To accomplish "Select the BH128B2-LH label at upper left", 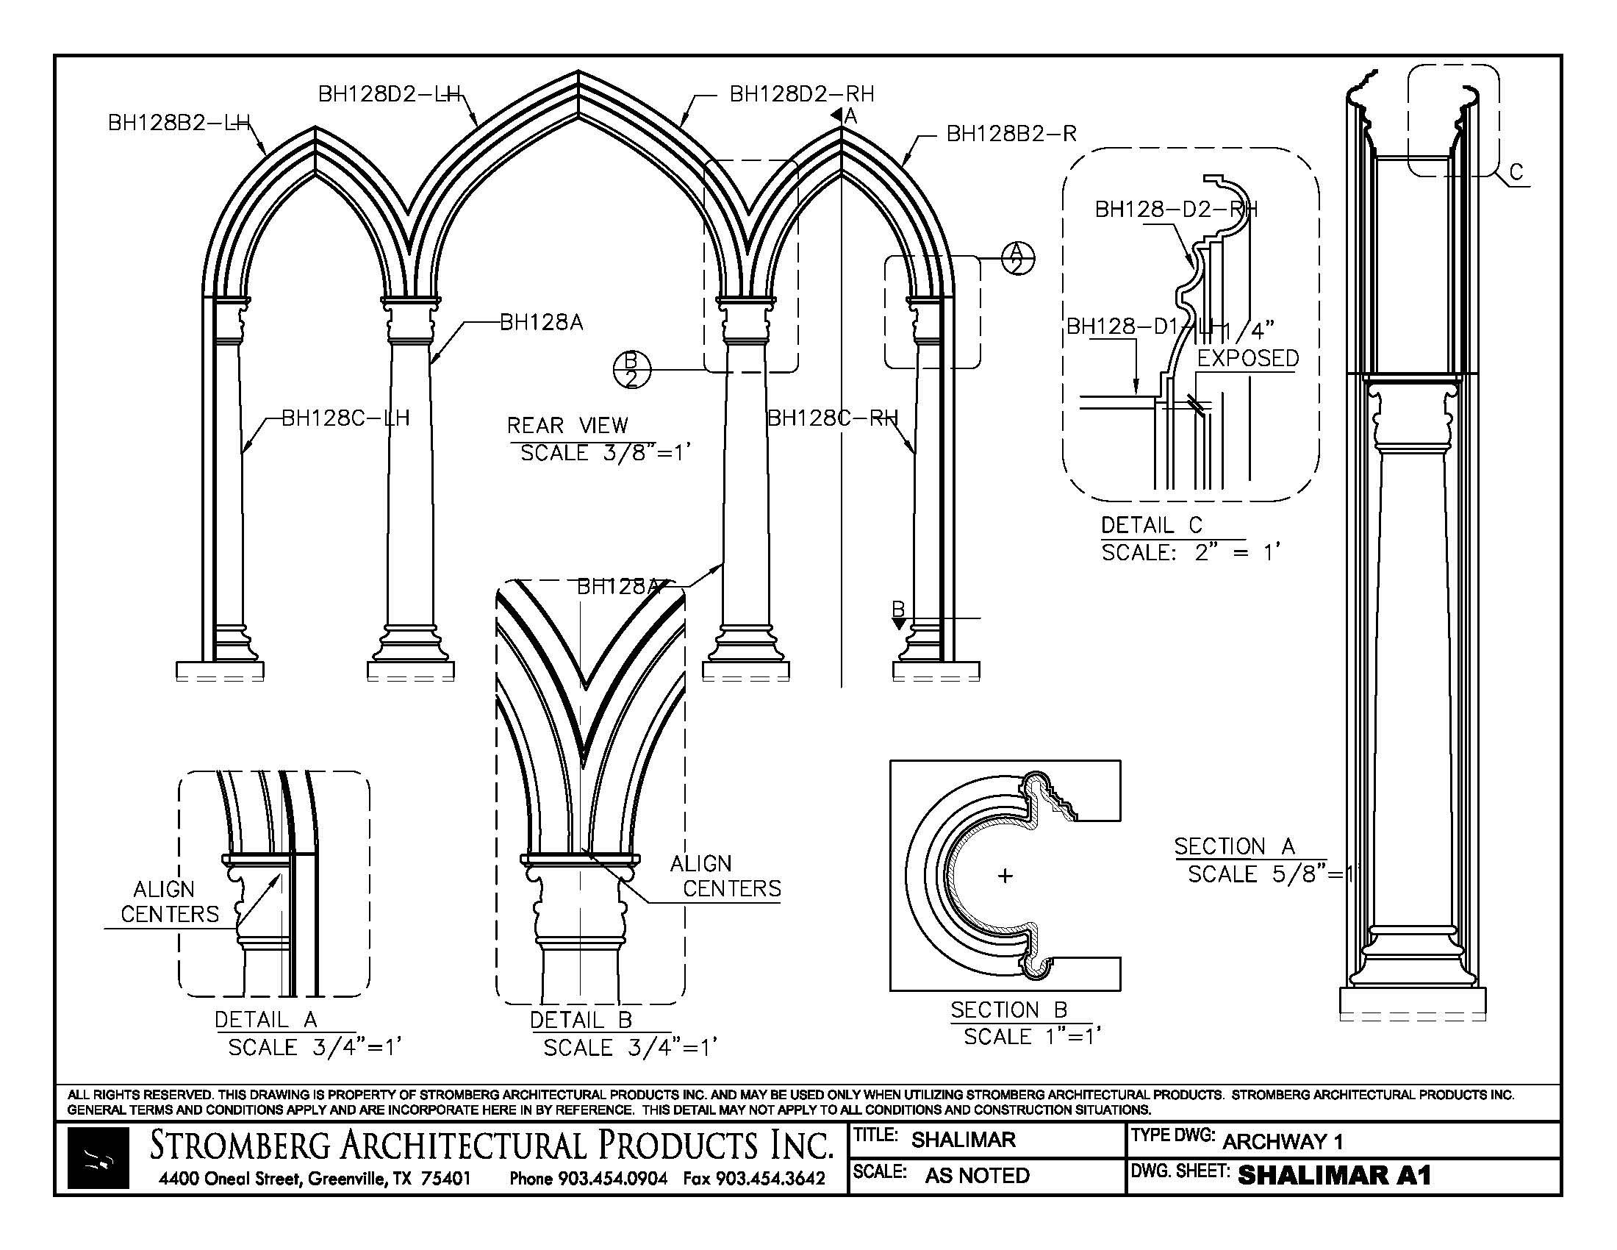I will point(179,123).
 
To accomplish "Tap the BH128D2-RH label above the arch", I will point(802,94).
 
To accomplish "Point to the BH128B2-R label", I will point(1011,134).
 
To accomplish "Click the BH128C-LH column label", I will point(345,418).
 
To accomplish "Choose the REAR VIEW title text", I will point(567,426).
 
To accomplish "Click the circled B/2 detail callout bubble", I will point(631,371).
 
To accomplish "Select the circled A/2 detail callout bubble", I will point(1017,257).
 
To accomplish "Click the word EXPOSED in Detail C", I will point(1247,358).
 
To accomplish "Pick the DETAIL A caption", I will point(266,1021).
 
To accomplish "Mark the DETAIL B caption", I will point(581,1021).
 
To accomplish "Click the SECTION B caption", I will point(1008,1010).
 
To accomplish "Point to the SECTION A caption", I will point(1234,846).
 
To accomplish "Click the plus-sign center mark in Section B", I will point(1005,876).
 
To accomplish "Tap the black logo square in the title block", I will point(98,1158).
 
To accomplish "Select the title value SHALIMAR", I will point(964,1140).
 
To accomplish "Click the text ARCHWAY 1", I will point(1283,1142).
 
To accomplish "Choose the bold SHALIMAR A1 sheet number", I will point(1334,1175).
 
